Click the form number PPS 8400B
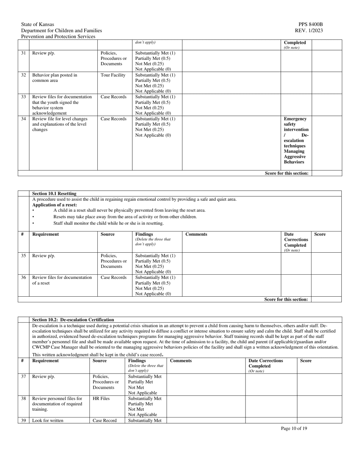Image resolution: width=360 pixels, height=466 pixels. pyautogui.click(x=310, y=24)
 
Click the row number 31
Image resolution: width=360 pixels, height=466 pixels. pyautogui.click(x=23, y=53)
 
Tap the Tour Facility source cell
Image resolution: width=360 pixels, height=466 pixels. pyautogui.click(x=113, y=75)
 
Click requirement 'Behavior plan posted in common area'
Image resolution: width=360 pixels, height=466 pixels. pyautogui.click(x=55, y=78)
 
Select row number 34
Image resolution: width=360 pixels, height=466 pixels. pyautogui.click(x=23, y=119)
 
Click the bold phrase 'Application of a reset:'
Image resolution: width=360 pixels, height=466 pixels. pyautogui.click(x=55, y=205)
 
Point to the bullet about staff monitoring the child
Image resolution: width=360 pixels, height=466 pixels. pyautogui.click(x=108, y=223)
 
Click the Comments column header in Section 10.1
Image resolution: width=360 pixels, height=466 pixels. pyautogui.click(x=196, y=234)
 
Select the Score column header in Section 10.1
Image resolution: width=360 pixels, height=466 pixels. pyautogui.click(x=320, y=234)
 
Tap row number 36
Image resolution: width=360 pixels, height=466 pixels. pyautogui.click(x=23, y=277)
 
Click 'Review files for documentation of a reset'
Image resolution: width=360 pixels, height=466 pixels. pyautogui.click(x=62, y=280)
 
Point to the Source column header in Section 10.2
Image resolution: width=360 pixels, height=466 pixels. pyautogui.click(x=100, y=361)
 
